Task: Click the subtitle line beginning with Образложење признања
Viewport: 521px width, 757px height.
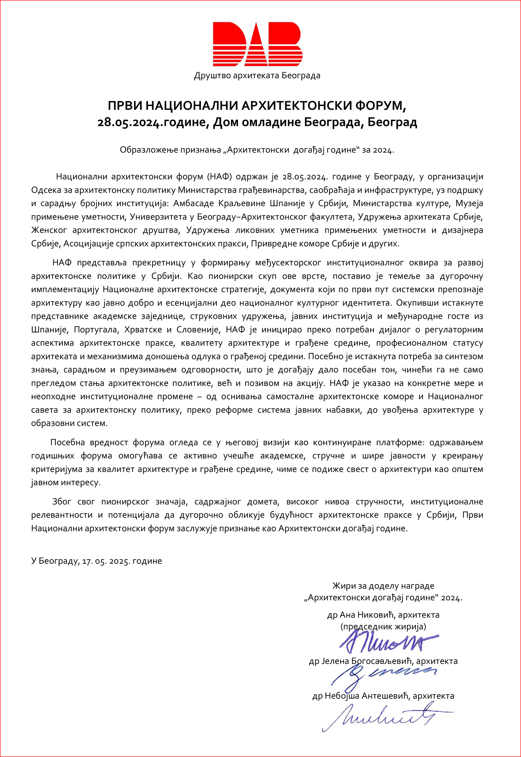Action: pyautogui.click(x=257, y=150)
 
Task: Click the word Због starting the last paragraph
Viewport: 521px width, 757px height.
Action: pyautogui.click(x=62, y=501)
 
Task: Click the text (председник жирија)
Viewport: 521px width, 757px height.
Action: pyautogui.click(x=383, y=626)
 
